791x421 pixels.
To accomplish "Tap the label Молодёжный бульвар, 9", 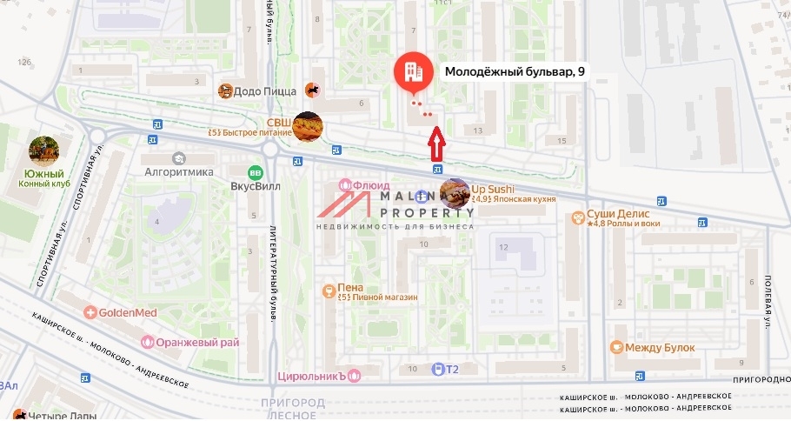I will (515, 72).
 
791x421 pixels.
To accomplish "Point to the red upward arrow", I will (437, 142).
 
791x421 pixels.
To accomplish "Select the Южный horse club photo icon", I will (44, 150).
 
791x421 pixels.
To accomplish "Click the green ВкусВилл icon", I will (255, 172).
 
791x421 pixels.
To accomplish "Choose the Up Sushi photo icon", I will (455, 192).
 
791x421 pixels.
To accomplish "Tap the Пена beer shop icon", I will (329, 291).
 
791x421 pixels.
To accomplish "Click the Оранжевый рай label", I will (197, 342).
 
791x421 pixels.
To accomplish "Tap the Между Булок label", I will (661, 348).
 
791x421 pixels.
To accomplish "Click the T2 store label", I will (451, 370).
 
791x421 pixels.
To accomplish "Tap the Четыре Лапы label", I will (50, 415).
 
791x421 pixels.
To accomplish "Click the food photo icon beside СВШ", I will (308, 128).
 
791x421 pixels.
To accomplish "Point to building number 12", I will (502, 247).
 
